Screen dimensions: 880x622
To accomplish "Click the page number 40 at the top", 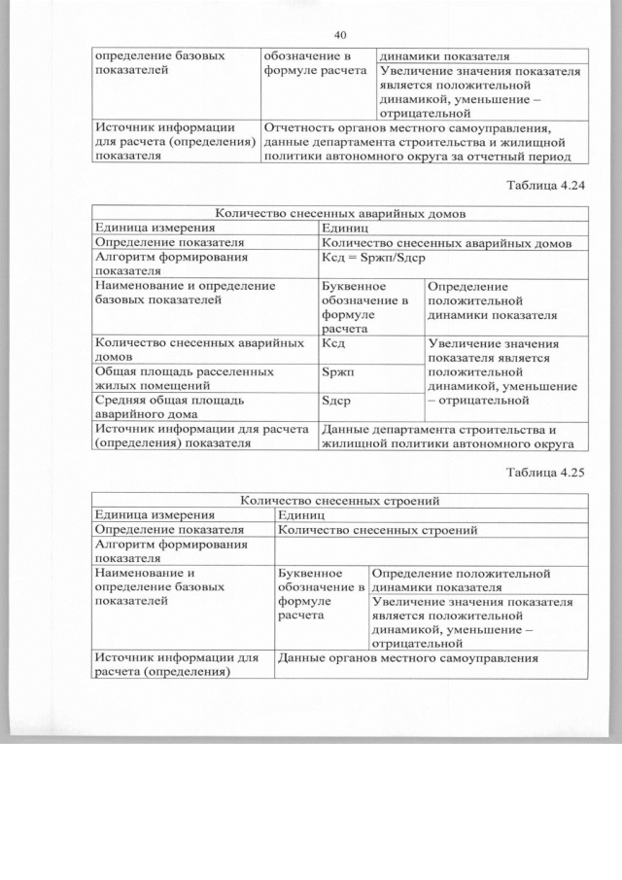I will click(x=339, y=35).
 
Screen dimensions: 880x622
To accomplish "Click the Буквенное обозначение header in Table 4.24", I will click(x=369, y=307).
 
